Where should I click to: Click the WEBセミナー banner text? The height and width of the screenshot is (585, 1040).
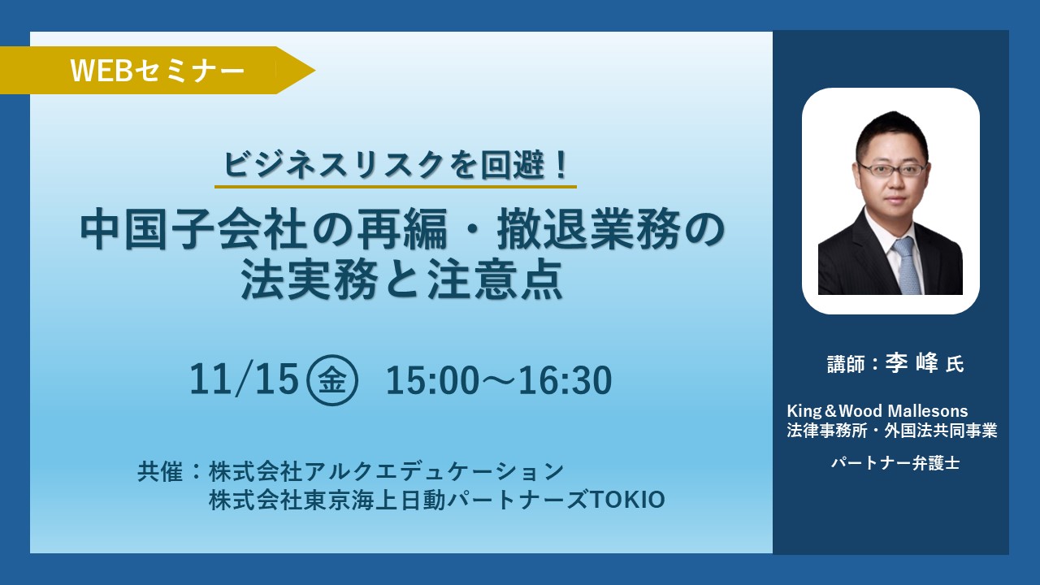pyautogui.click(x=158, y=71)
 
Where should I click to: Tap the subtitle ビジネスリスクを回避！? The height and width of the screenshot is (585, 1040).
pyautogui.click(x=396, y=165)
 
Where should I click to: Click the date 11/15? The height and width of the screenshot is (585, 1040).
pyautogui.click(x=243, y=379)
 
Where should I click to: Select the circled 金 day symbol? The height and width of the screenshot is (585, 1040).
pyautogui.click(x=332, y=380)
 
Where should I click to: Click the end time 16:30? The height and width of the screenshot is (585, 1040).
pyautogui.click(x=565, y=380)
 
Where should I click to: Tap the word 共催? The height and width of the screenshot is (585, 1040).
pyautogui.click(x=160, y=472)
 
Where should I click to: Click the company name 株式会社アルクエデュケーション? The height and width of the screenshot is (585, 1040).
pyautogui.click(x=386, y=472)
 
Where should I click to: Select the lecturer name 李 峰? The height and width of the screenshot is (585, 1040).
pyautogui.click(x=912, y=363)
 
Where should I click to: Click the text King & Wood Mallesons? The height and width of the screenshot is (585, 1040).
pyautogui.click(x=877, y=411)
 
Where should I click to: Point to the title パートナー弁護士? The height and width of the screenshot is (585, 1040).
pyautogui.click(x=895, y=463)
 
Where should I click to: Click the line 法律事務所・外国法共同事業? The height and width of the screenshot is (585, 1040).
pyautogui.click(x=892, y=431)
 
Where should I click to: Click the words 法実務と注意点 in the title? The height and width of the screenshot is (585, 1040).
pyautogui.click(x=402, y=279)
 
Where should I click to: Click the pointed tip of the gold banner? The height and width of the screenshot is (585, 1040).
pyautogui.click(x=315, y=71)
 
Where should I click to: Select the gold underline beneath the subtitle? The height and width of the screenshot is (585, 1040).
pyautogui.click(x=396, y=187)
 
